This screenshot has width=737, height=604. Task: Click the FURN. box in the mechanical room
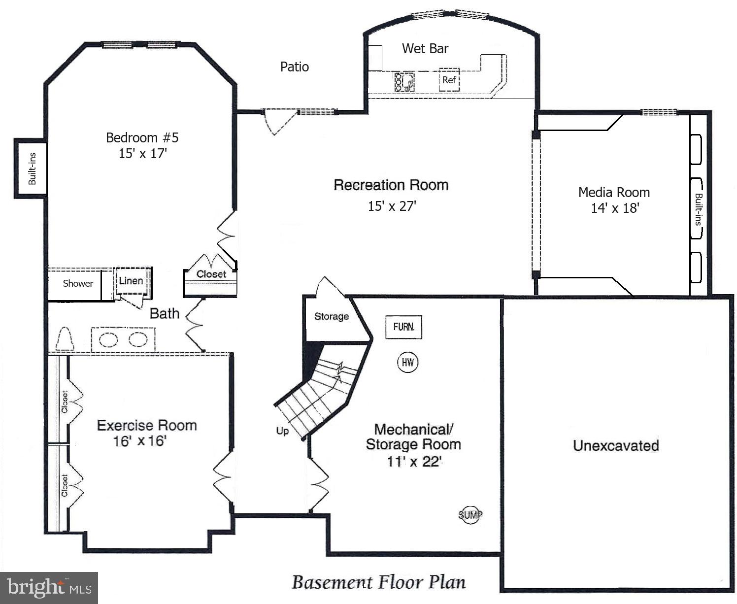(403, 327)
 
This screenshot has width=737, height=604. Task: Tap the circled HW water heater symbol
(407, 363)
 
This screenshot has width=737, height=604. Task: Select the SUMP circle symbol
(470, 515)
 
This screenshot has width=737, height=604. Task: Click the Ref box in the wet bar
(449, 80)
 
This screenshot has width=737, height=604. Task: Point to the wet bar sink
(404, 82)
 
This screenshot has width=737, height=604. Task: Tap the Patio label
(294, 67)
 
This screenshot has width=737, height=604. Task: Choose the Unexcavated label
(615, 445)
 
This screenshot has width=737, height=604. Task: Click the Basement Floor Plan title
(378, 582)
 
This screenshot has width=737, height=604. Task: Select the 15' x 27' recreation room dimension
(392, 206)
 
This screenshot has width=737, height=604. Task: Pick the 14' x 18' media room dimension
(614, 208)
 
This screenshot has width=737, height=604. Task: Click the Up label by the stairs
(282, 431)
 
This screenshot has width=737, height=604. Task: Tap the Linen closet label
(131, 281)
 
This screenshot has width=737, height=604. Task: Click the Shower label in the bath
(78, 283)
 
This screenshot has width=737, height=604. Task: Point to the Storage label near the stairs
(331, 316)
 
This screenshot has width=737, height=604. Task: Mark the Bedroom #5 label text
(142, 137)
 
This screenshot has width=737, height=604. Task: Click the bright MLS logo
(49, 587)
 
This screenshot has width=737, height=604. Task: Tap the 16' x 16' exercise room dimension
(140, 441)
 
